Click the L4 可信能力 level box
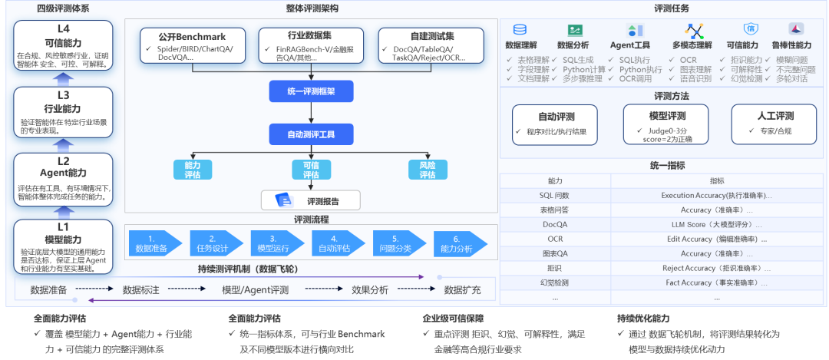tap(64, 46)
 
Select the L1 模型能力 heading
tap(64, 233)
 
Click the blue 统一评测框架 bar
tap(312, 91)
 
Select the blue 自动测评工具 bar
tap(312, 134)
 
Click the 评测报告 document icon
tap(285, 201)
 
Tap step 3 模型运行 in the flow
tap(274, 243)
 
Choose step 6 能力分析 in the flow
tap(456, 243)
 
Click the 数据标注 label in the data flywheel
tap(141, 289)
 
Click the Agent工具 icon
tap(635, 31)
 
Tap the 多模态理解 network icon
tap(695, 31)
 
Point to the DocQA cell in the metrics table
tap(554, 224)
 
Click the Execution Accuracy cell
tap(717, 196)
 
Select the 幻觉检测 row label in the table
tap(554, 282)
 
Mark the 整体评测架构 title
tap(312, 8)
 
